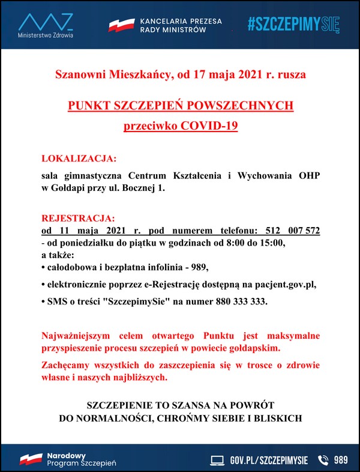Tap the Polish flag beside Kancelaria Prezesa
(121, 25)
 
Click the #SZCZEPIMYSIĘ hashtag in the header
(293, 25)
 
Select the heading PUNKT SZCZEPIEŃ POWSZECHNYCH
(181, 106)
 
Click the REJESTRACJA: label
(77, 217)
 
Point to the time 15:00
(275, 243)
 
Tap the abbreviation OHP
(309, 175)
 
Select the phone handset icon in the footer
(323, 460)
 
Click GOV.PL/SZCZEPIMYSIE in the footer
(269, 460)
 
